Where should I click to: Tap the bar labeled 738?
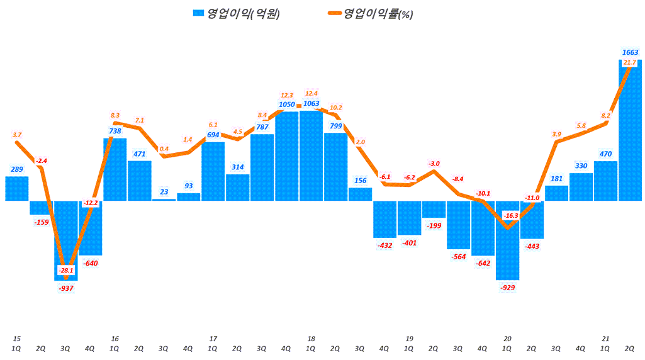pos(115,169)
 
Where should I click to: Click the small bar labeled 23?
pos(164,200)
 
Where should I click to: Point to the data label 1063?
pos(311,104)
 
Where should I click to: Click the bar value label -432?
pos(385,245)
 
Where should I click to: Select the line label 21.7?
pos(629,63)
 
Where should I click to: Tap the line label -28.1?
pos(65,270)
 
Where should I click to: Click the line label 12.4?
pos(311,93)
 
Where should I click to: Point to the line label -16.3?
pos(511,215)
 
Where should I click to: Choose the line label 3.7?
pos(17,134)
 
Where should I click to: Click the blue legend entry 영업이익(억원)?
pos(237,13)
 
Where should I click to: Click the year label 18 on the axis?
pos(311,339)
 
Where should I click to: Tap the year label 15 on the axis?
pos(16,339)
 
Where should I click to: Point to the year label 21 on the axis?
pos(605,339)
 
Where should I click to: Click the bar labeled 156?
pos(360,194)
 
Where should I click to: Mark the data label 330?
pos(580,166)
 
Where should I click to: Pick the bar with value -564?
pos(458,225)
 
